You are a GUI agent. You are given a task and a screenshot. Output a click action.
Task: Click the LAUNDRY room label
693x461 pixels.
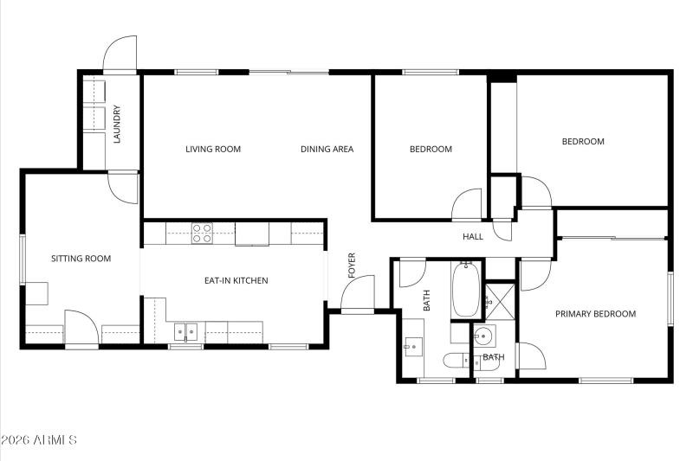[116, 125]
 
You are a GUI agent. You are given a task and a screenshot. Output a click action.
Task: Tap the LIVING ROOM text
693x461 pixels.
[213, 149]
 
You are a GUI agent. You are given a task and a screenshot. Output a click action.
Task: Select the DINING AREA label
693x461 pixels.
[327, 149]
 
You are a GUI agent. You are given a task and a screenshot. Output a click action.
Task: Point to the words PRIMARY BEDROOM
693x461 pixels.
[595, 314]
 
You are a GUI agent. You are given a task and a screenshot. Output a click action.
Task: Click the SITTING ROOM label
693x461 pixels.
[81, 258]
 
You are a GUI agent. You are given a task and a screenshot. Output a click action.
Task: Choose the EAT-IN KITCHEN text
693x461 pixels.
[236, 280]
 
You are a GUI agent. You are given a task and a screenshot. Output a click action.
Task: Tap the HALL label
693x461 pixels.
[473, 236]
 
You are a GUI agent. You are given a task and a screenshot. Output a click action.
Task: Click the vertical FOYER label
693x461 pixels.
[352, 266]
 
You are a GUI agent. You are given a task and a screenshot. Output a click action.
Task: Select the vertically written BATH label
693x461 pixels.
[426, 300]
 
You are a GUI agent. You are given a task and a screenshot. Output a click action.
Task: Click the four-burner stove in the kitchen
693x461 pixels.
[202, 233]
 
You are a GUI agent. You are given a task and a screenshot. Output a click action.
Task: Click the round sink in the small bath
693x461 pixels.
[484, 336]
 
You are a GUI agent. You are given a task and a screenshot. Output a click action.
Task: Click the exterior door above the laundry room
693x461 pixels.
[120, 54]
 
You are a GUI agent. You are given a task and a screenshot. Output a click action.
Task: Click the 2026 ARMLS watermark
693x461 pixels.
[40, 440]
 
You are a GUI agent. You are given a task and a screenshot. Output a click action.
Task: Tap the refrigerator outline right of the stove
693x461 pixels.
[251, 234]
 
